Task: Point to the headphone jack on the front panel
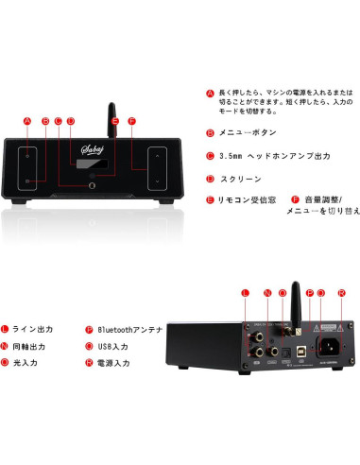(x=93, y=184)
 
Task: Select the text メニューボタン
(x=249, y=133)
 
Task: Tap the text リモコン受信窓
(x=248, y=200)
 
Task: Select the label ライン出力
(x=35, y=330)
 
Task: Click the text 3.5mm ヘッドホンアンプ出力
(x=268, y=156)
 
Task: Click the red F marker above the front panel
(x=131, y=122)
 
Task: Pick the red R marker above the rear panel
(x=340, y=294)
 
